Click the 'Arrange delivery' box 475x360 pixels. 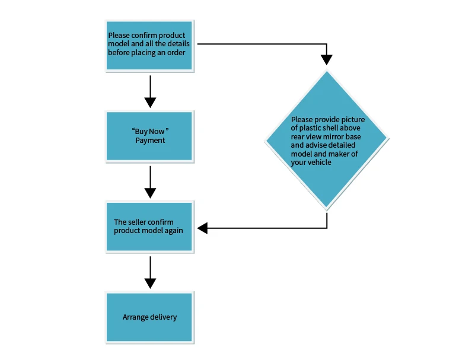pos(149,317)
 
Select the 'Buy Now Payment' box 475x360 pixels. pos(149,136)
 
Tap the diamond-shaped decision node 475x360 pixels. pos(327,140)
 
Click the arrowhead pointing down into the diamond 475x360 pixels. pos(327,60)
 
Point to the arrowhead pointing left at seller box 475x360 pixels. pos(202,228)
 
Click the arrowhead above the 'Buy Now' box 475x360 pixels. pos(150,103)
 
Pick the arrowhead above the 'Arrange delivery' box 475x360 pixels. pos(150,283)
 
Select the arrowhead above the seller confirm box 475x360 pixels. pos(150,193)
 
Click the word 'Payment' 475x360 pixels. pos(150,141)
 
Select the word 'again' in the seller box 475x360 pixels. pos(174,231)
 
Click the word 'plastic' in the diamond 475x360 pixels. pos(310,128)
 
